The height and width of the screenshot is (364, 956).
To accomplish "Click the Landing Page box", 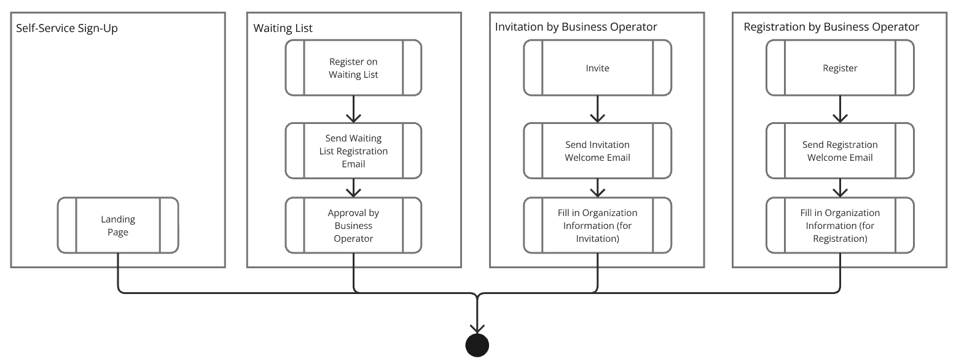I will [118, 225].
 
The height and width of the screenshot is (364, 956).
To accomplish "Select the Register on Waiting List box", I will [353, 68].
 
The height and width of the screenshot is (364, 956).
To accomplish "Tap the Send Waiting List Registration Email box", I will [353, 151].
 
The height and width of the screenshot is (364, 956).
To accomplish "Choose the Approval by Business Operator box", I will [353, 225].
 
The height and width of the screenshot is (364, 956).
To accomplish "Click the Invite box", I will [597, 68].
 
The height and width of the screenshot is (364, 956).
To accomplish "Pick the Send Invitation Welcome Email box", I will [597, 151].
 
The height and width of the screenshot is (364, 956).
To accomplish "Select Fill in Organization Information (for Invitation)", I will [597, 225].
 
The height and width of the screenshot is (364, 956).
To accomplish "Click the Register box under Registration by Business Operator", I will [840, 68].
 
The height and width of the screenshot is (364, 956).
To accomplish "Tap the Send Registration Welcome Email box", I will [840, 151].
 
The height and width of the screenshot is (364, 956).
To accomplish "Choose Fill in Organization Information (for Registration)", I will [840, 225].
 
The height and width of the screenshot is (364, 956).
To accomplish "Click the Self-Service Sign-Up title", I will [66, 28].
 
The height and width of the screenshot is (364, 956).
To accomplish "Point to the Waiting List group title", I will [283, 28].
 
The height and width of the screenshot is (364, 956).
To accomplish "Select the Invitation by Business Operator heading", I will [576, 27].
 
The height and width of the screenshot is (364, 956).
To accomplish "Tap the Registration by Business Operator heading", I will [831, 27].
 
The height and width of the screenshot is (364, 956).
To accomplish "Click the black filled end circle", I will [477, 346].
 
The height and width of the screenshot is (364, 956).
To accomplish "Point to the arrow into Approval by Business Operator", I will [353, 188].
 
